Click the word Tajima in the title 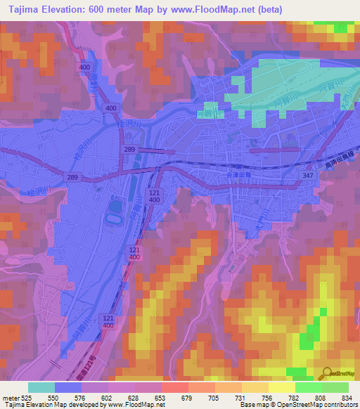(25, 8)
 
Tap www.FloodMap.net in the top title (236, 8)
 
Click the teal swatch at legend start (41, 387)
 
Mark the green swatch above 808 (309, 387)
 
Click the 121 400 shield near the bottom (108, 322)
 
